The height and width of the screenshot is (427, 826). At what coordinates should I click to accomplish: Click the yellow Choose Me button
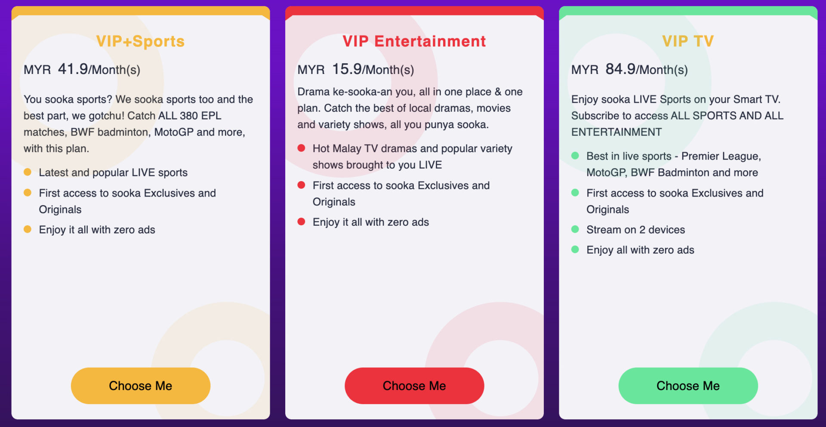tap(141, 386)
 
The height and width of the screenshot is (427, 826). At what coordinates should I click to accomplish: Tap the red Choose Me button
tap(414, 386)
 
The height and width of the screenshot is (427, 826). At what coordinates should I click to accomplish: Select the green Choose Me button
tap(688, 386)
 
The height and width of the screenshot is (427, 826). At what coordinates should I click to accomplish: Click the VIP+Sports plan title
tap(141, 41)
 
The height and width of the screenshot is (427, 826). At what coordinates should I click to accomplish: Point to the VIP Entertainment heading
tap(414, 41)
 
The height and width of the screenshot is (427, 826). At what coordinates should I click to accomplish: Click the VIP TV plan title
tap(688, 41)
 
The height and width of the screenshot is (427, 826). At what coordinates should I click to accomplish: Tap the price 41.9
tap(73, 69)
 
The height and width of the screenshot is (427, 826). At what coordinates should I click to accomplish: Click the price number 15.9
tap(347, 69)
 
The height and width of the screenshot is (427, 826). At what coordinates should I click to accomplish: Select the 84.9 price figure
tap(621, 69)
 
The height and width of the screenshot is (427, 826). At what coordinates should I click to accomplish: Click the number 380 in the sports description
tap(189, 116)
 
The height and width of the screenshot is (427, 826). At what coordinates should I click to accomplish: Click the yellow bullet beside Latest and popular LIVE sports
tap(28, 172)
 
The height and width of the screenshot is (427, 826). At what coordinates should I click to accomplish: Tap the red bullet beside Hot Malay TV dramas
tap(301, 148)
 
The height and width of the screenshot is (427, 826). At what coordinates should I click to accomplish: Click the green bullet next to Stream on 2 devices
tap(575, 229)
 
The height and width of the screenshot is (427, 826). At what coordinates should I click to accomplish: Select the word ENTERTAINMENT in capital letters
tap(616, 132)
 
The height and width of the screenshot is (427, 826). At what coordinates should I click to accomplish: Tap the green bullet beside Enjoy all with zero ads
tap(575, 249)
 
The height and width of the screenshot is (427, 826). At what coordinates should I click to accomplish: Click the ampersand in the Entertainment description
tap(498, 92)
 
